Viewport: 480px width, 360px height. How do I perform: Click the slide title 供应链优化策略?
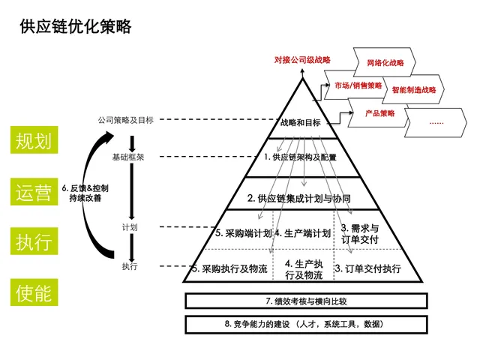[x=76, y=27]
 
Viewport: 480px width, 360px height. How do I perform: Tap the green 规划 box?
[x=34, y=141]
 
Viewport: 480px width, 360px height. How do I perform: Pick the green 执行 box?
[x=34, y=241]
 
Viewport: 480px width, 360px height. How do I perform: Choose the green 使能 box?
[x=34, y=292]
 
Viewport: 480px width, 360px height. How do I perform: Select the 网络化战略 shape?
[x=384, y=63]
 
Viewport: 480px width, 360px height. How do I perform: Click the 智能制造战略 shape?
[x=412, y=90]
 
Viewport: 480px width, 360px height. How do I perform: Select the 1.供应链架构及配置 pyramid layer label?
[x=301, y=157]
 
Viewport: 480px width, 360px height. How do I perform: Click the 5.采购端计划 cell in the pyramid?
[x=241, y=233]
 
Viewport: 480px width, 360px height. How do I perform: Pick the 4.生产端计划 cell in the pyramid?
[x=302, y=233]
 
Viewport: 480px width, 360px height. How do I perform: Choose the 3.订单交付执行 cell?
[x=367, y=268]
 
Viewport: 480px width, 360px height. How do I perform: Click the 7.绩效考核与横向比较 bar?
[x=306, y=301]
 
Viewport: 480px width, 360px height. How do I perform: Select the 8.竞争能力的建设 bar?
[x=306, y=324]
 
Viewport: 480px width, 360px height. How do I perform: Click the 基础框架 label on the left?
[x=128, y=157]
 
